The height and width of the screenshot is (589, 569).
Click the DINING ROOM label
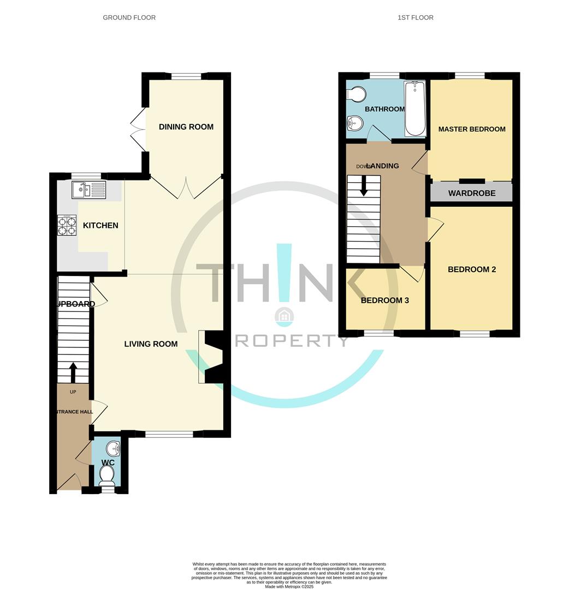point(186,127)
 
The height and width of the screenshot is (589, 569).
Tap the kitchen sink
point(88,190)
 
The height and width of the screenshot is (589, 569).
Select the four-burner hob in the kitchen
point(67,225)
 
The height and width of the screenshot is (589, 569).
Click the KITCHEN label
point(100,226)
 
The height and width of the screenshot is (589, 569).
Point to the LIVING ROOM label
point(151,344)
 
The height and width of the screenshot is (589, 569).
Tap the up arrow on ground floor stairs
point(73,374)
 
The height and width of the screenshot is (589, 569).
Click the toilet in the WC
point(107,477)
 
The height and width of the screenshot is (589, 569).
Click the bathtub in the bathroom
point(415,109)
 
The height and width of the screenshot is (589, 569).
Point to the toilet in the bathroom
point(357,95)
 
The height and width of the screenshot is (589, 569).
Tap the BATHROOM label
point(384,109)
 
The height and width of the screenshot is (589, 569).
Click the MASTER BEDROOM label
point(472,129)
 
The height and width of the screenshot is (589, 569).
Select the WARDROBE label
point(472,193)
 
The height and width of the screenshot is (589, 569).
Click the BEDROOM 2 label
point(472,269)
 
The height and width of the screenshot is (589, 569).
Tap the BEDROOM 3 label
point(384,300)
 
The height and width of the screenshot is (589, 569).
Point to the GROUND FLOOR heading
point(129,17)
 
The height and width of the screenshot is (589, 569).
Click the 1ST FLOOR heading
point(416,17)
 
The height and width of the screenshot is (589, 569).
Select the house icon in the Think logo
point(284,317)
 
